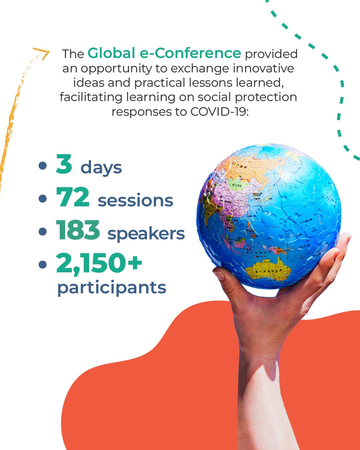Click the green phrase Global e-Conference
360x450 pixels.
164,53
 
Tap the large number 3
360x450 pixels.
64,164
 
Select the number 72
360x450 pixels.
73,197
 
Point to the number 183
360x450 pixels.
78,230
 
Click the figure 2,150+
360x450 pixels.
99,263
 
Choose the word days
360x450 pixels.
101,168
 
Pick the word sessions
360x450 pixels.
135,200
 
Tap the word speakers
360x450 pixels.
146,234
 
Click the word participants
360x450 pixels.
112,288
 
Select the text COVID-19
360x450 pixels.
219,112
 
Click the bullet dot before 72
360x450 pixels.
42,199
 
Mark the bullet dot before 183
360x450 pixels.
42,232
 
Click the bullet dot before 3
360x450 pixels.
42,166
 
